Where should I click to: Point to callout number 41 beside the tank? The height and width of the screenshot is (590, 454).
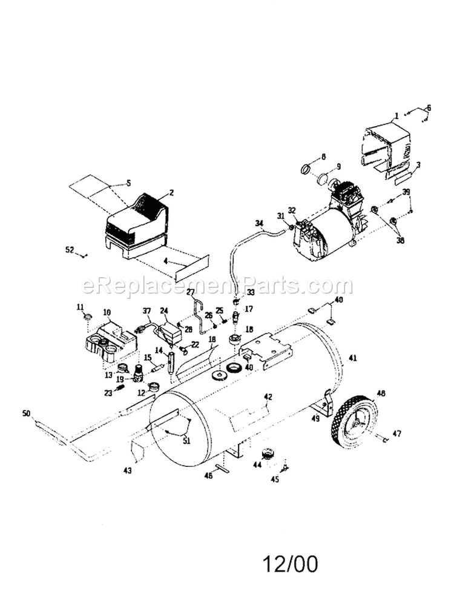353,359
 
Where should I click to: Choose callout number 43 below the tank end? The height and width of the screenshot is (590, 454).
127,470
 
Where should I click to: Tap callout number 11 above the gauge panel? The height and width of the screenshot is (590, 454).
79,307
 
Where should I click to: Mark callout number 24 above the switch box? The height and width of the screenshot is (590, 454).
163,311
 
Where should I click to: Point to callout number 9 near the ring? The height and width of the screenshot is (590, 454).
338,167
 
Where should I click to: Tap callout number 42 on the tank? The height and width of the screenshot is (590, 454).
268,397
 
